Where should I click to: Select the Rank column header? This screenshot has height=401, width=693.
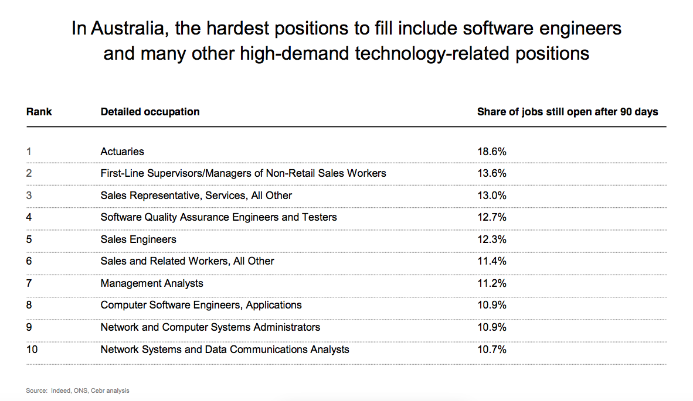click(39, 112)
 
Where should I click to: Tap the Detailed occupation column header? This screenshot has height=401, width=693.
click(150, 112)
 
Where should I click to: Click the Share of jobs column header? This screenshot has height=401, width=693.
click(568, 112)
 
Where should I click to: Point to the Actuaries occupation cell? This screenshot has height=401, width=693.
click(122, 152)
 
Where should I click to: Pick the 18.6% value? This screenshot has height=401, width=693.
click(492, 152)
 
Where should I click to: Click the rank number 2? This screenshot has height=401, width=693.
click(29, 173)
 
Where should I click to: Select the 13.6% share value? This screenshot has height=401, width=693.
click(492, 173)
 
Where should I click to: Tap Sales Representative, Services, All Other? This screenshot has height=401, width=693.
click(196, 196)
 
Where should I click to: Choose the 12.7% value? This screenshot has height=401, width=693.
click(492, 217)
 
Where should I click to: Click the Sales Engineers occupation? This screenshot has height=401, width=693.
click(138, 239)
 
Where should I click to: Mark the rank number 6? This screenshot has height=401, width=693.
click(29, 261)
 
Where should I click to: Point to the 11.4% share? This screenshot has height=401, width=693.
click(492, 261)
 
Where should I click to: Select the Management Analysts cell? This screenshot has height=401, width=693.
click(152, 283)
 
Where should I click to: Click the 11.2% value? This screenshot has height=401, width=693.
click(492, 283)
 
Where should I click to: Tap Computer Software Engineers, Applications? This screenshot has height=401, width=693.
click(201, 305)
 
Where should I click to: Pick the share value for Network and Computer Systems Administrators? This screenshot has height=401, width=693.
click(492, 327)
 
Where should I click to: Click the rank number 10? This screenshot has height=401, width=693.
click(32, 349)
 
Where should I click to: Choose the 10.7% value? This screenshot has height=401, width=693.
click(492, 349)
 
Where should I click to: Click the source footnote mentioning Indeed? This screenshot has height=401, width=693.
click(77, 390)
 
